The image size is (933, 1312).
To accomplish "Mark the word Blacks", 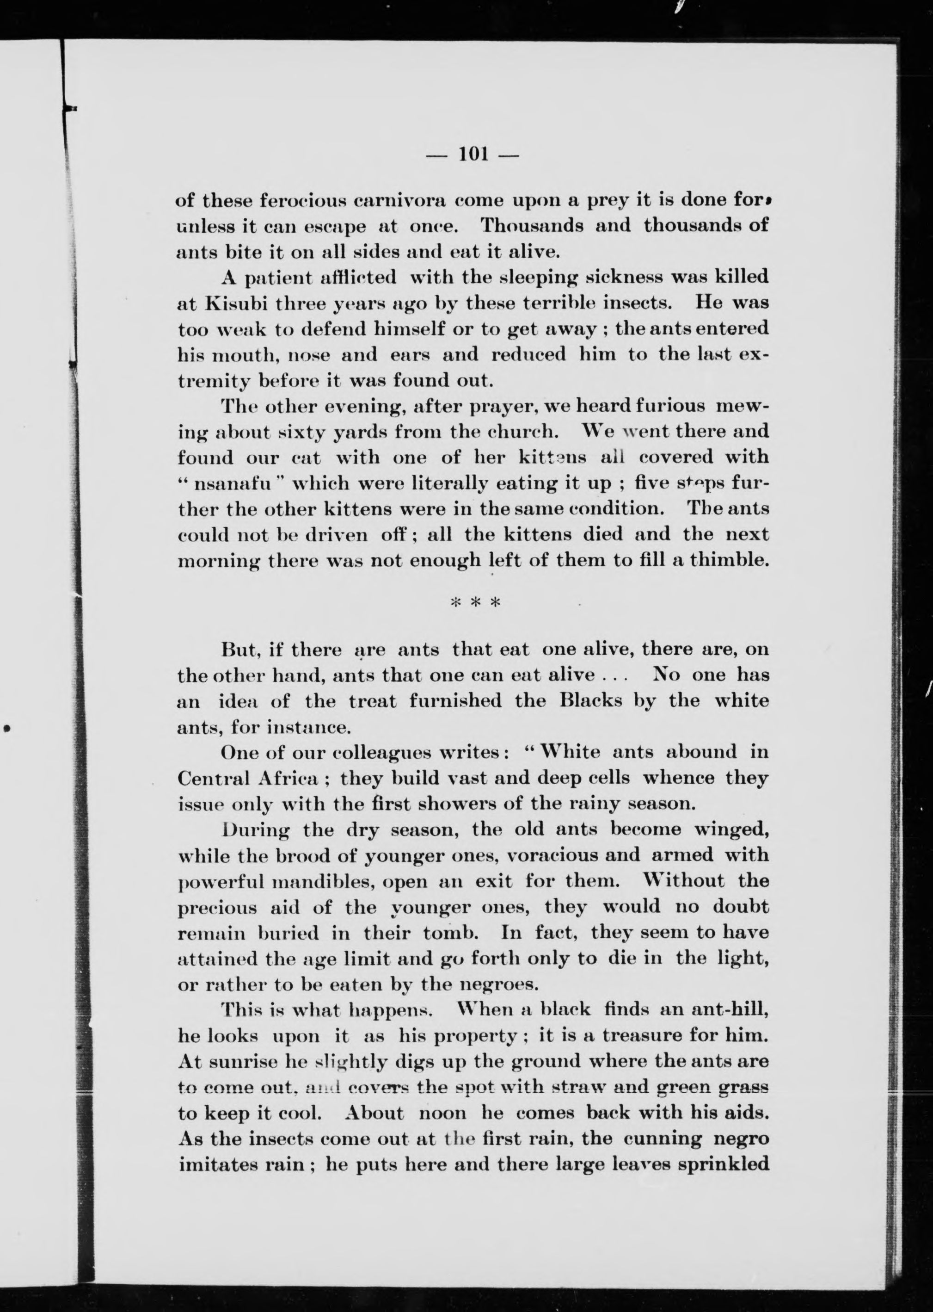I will tap(601, 701).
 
